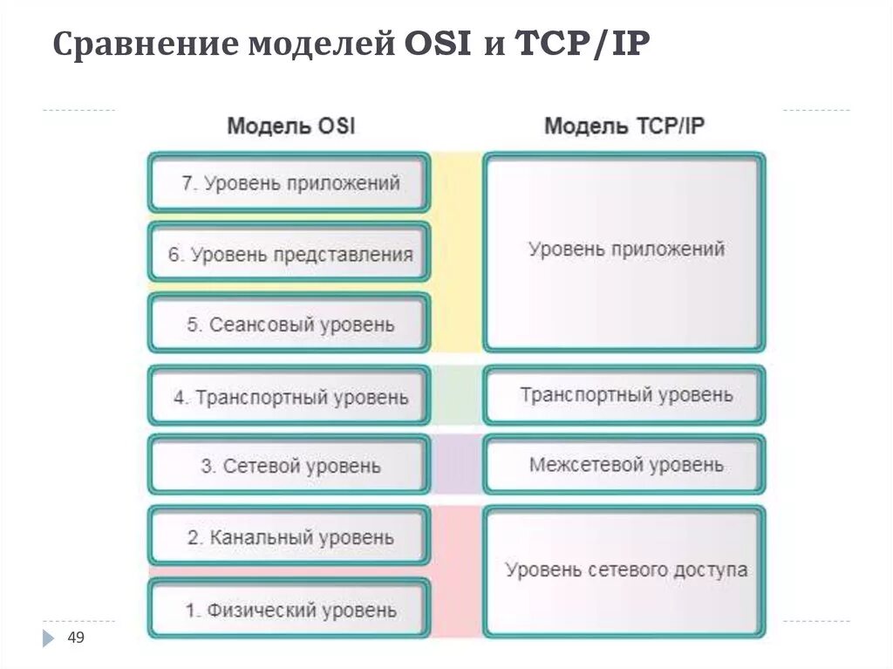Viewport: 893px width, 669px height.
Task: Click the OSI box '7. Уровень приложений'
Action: pyautogui.click(x=290, y=183)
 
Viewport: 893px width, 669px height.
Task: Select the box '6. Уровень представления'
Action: pyautogui.click(x=290, y=255)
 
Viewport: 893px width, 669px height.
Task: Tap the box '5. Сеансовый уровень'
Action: pyautogui.click(x=290, y=324)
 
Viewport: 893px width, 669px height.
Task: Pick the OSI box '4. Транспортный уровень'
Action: pyautogui.click(x=290, y=397)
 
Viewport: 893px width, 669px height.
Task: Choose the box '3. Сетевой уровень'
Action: pyautogui.click(x=290, y=466)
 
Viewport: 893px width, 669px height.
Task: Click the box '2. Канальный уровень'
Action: pyautogui.click(x=290, y=536)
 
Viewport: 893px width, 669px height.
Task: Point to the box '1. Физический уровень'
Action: pyautogui.click(x=290, y=610)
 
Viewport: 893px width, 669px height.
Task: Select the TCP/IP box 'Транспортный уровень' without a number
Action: pyautogui.click(x=624, y=395)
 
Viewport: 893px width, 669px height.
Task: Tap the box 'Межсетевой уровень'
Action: pyautogui.click(x=624, y=464)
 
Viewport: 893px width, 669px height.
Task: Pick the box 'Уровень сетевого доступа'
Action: pyautogui.click(x=624, y=571)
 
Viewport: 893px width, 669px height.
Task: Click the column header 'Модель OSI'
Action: pyautogui.click(x=290, y=126)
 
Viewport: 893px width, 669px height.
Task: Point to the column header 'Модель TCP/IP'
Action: pyautogui.click(x=624, y=126)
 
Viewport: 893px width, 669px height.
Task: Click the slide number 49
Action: pyautogui.click(x=76, y=639)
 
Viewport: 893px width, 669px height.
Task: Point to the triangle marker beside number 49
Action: pyautogui.click(x=48, y=639)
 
